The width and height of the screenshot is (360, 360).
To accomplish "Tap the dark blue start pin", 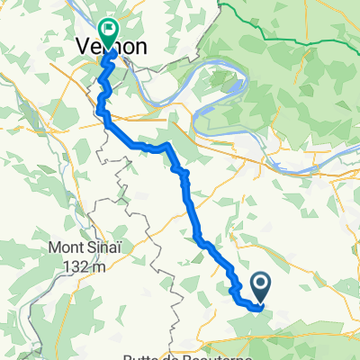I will tap(260, 288).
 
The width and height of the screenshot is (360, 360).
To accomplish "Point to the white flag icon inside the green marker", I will tap(110, 30).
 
